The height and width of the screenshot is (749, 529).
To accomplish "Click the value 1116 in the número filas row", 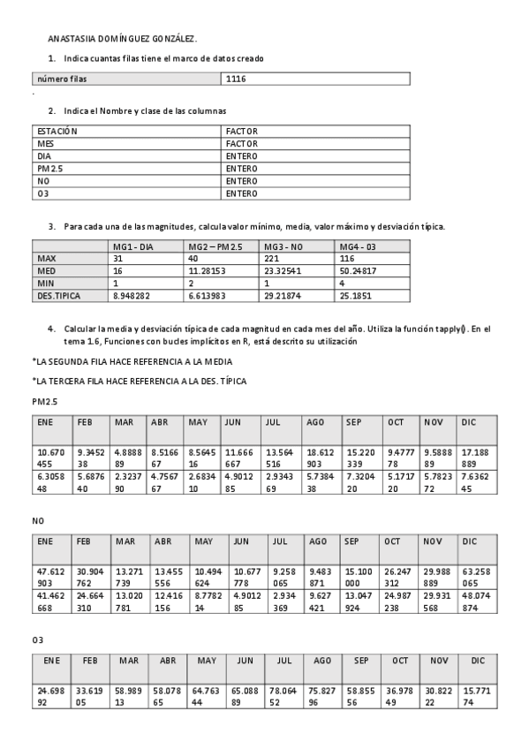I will tap(236, 79).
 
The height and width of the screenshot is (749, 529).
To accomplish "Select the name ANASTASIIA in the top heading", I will tap(69, 39).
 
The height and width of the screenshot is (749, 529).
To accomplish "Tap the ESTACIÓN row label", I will tap(57, 131).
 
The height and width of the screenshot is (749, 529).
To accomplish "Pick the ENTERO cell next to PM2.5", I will tap(241, 168).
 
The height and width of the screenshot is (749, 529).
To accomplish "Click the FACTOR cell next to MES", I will tap(241, 143).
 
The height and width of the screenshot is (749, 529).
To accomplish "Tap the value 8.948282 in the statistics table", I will tap(131, 295).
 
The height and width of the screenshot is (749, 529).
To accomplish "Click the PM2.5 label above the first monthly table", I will tap(44, 401).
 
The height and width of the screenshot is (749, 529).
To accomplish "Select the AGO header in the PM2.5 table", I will tap(315, 422).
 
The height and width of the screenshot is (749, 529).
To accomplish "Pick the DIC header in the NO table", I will tap(470, 541).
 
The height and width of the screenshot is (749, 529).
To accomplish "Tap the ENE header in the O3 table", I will tap(51, 660).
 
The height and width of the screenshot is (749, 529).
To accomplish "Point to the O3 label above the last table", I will tap(38, 639).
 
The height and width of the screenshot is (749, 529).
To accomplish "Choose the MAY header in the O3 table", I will tap(207, 660).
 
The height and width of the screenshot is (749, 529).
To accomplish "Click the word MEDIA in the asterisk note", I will tap(219, 361).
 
